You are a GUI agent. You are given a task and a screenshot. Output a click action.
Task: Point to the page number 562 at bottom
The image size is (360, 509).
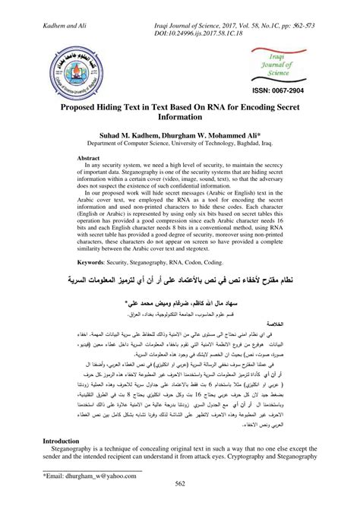(180, 503)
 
